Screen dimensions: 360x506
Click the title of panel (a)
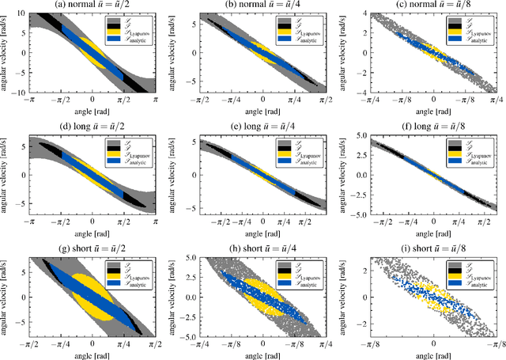click(93, 6)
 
